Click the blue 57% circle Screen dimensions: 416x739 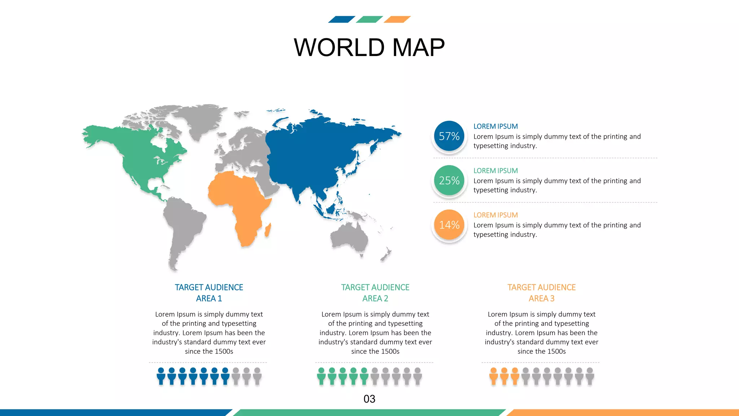pos(449,136)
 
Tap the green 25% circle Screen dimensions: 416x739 pos(449,181)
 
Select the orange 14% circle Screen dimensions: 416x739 pos(449,225)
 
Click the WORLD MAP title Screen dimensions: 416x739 pos(369,47)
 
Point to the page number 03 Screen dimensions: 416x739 pos(369,399)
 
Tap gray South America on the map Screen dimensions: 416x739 pos(184,224)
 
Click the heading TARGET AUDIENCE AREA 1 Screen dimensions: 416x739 pos(209,293)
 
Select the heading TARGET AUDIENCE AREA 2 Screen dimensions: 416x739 pos(375,293)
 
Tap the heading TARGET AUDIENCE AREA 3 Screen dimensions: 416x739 pos(541,293)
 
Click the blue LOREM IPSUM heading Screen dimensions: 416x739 pos(495,126)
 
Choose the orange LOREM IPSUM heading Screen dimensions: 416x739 pos(495,215)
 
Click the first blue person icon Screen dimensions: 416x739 pos(161,376)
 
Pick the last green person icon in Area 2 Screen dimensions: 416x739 pos(364,376)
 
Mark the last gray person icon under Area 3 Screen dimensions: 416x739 pos(590,376)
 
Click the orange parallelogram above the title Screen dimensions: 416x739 pos(397,19)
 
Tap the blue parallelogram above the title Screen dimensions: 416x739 pos(341,19)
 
